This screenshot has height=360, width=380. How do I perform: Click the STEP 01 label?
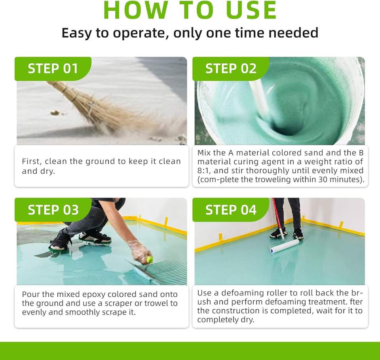click(53, 68)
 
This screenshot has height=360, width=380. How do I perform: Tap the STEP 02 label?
click(231, 68)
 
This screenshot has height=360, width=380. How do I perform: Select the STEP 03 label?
click(53, 210)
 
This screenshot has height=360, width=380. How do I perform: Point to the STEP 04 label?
click(231, 210)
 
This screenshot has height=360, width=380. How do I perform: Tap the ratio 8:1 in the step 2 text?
click(203, 171)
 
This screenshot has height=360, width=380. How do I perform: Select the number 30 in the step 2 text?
click(323, 179)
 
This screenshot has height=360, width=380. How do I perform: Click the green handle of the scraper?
click(150, 260)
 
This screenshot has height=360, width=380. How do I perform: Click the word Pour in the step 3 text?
click(30, 294)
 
